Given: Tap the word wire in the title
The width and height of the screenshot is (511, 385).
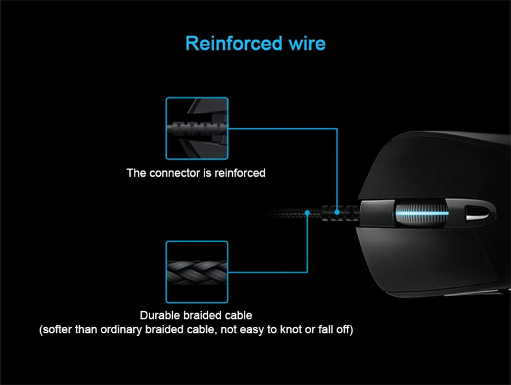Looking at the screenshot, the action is point(306,43).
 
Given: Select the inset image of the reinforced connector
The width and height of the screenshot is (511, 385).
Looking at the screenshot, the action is point(197,128).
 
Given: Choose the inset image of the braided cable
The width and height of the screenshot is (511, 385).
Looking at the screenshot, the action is point(197,272).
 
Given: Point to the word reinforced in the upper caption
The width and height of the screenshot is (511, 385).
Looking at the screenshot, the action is point(240,173).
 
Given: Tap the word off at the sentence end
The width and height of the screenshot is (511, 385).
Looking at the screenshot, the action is point(343,330).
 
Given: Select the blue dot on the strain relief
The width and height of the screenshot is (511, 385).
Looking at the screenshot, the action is point(338,212).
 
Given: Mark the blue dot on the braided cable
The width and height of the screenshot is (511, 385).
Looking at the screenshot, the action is point(307,212).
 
